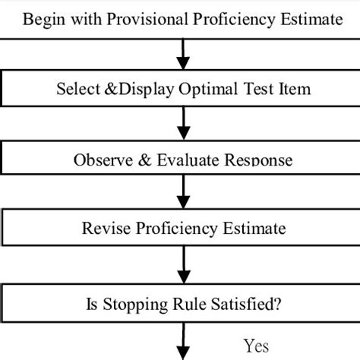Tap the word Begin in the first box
tap(43, 18)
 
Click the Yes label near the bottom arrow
tap(257, 346)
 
